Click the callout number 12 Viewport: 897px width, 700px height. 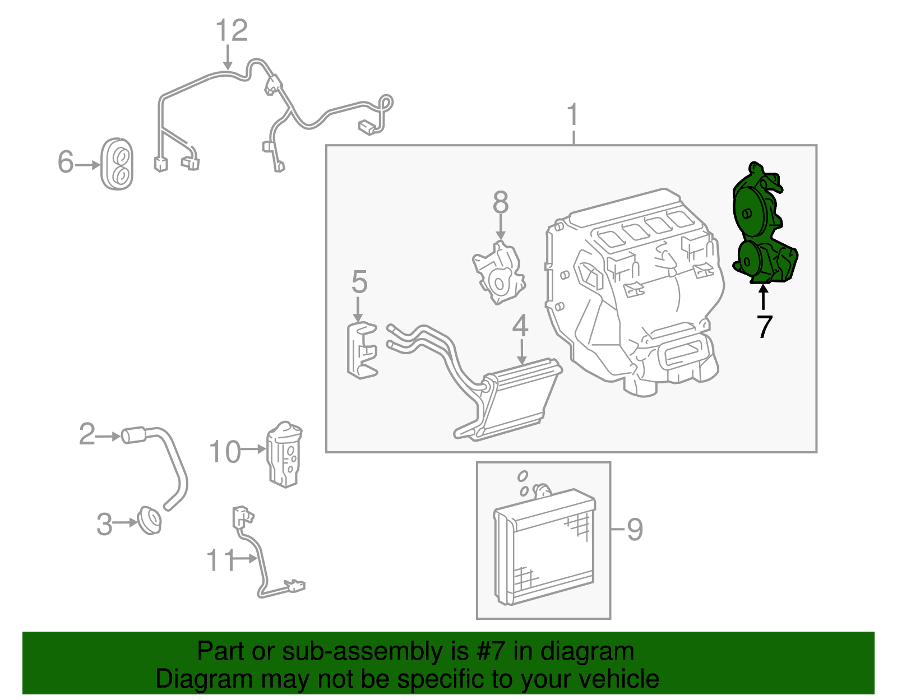click(232, 31)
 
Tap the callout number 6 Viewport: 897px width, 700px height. click(66, 162)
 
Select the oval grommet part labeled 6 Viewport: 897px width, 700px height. click(117, 164)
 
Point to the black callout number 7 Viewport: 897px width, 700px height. click(764, 327)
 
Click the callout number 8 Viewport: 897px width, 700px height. click(500, 203)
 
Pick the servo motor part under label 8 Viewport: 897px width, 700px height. click(498, 273)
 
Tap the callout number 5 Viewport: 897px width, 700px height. click(359, 282)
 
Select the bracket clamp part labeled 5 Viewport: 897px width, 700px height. click(361, 350)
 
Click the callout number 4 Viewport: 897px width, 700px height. click(520, 326)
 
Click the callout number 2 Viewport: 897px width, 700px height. click(87, 434)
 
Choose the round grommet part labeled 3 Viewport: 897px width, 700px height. click(150, 521)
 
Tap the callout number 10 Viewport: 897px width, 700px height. click(225, 452)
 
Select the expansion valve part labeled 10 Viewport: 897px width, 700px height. click(285, 455)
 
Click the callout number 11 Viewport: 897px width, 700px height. click(220, 560)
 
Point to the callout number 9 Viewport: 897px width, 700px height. click(634, 529)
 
